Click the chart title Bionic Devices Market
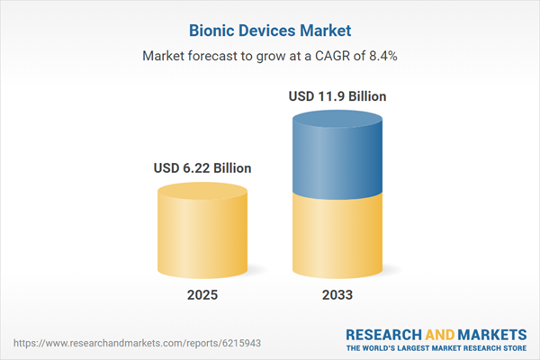click(x=270, y=30)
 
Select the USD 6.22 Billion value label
click(x=202, y=167)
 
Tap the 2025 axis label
click(x=202, y=295)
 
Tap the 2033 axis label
click(x=338, y=295)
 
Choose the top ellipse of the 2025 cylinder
click(x=202, y=191)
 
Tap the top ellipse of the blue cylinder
click(x=338, y=119)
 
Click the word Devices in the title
click(x=256, y=30)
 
